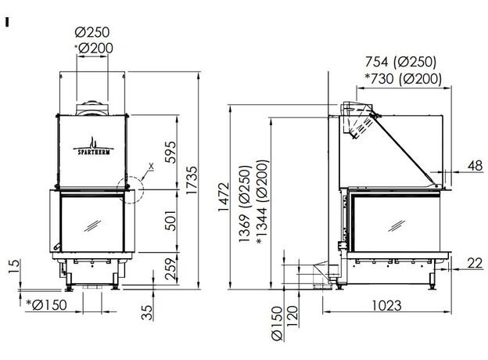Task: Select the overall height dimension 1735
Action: [x=192, y=180]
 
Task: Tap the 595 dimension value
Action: [x=170, y=153]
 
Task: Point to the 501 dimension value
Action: [x=170, y=221]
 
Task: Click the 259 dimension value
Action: [x=170, y=268]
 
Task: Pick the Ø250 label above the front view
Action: [x=92, y=32]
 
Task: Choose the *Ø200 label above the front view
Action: [x=94, y=48]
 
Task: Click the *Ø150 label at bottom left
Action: [x=46, y=305]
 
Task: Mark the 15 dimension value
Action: [x=14, y=267]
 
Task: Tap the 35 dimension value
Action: [x=147, y=312]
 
